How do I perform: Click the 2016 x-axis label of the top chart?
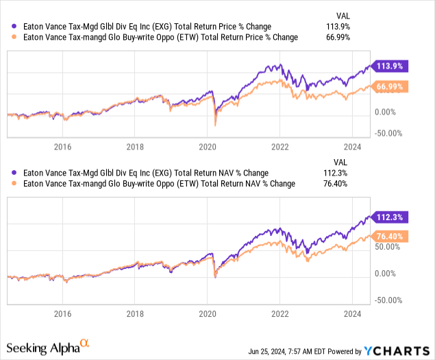coord(63,146)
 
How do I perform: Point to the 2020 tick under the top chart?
coord(208,146)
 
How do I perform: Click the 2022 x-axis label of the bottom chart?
coord(279,309)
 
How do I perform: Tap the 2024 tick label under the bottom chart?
coord(352,309)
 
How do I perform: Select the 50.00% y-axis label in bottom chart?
coord(388,248)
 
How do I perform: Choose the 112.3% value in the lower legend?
coord(337,173)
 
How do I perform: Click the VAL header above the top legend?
coord(340,14)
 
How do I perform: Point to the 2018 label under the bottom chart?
coord(135,309)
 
